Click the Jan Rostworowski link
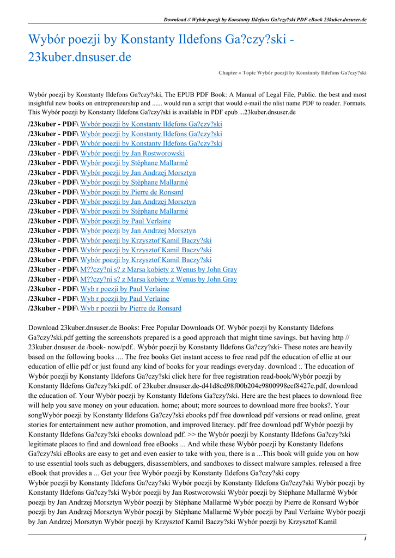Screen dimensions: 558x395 pos(132,154)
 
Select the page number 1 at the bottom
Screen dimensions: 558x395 pos(364,538)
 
